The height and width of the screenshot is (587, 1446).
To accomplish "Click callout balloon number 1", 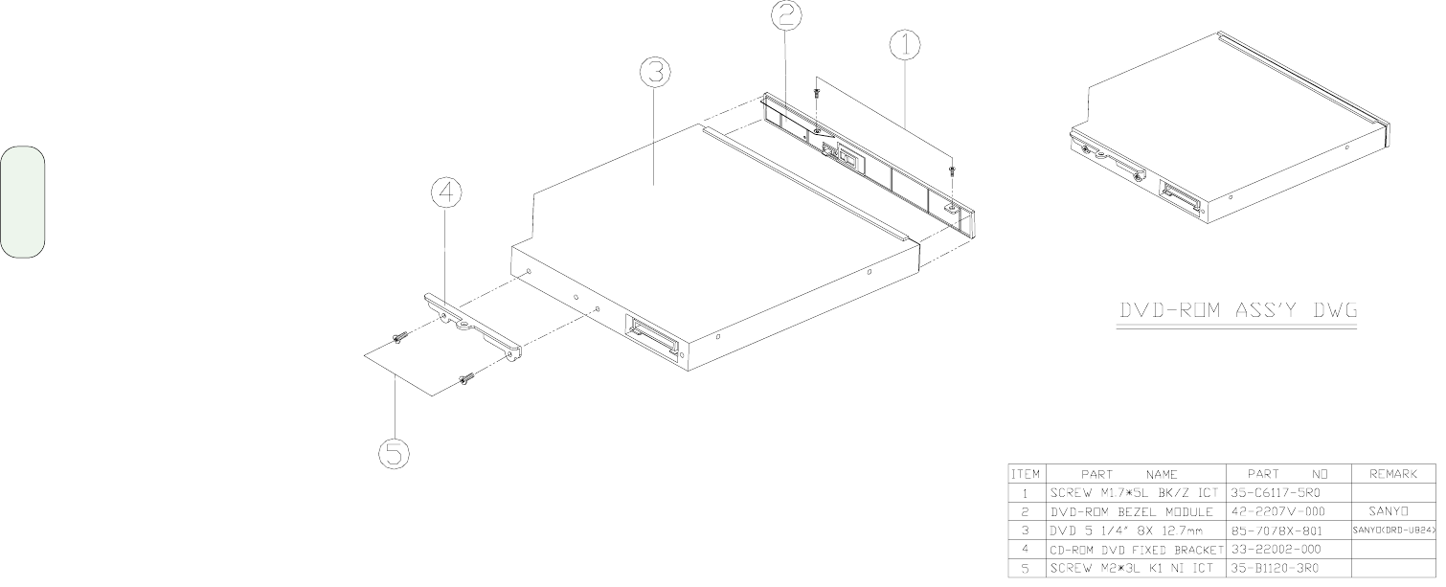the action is (905, 45).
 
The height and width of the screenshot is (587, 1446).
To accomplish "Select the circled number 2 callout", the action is (786, 14).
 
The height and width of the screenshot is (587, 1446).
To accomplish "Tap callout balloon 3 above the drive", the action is (655, 72).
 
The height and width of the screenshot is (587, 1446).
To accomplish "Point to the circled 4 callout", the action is (445, 194).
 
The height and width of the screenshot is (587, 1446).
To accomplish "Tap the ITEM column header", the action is (1026, 474).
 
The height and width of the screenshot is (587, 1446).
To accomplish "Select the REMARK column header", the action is (1393, 474).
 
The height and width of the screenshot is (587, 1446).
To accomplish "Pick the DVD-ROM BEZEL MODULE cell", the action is (1132, 511).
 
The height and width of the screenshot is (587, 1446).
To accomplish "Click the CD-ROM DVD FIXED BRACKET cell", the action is (1137, 550).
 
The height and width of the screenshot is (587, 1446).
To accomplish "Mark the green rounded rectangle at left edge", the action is (22, 202).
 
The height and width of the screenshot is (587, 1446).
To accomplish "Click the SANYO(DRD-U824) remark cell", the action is (1394, 531).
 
